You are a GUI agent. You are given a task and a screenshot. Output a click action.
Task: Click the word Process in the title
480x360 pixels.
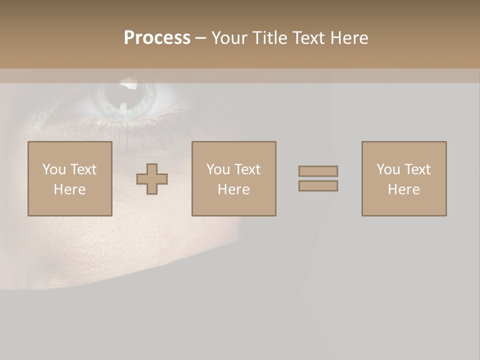pos(157,38)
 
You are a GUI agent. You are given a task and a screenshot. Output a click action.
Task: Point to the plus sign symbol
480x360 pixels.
pos(152,179)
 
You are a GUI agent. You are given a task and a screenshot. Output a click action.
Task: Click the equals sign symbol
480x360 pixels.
pos(318,178)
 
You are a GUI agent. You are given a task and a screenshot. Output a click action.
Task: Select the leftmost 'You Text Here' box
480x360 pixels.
pos(70,179)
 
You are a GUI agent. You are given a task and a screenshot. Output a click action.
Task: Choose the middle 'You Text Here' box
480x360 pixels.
pos(234,179)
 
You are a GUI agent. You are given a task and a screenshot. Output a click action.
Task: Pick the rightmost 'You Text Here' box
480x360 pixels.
pos(404,179)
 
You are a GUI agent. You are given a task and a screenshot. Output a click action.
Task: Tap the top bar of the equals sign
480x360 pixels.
pos(318,171)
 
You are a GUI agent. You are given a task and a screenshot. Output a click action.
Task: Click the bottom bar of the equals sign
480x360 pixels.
pos(318,186)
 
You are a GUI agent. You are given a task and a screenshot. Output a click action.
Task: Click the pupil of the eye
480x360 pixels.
pos(131,93)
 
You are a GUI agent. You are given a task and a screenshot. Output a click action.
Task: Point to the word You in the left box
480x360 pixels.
pos(54,169)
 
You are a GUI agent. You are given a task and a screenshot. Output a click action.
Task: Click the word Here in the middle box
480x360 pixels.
pos(234,189)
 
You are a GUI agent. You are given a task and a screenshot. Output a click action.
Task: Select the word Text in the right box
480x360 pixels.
pos(417,169)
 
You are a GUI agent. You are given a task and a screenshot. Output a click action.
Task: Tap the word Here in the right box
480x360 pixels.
pos(404,189)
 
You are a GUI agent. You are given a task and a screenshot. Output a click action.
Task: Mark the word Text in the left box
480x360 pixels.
pos(83,169)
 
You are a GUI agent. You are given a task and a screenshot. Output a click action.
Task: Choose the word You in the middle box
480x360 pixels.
pos(218,169)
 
